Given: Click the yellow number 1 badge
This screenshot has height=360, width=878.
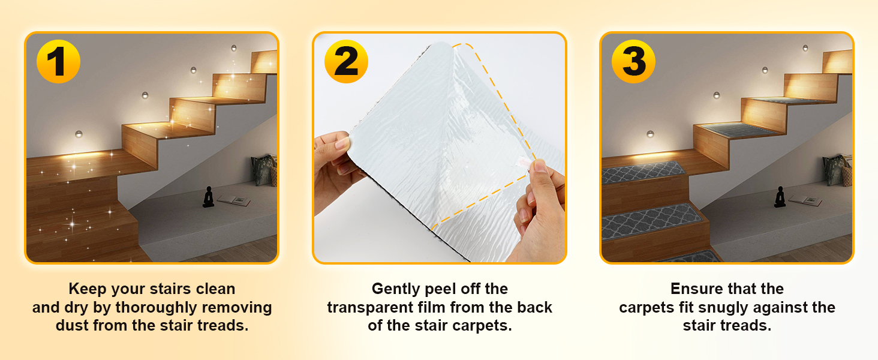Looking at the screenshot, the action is point(58,61).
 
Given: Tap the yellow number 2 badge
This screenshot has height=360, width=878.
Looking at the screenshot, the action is point(346,61).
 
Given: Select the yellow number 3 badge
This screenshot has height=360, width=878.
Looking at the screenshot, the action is point(633,61).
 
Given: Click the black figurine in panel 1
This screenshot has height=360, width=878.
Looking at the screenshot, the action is point(209,197).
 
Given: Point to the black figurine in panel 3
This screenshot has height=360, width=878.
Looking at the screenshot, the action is point(780,197).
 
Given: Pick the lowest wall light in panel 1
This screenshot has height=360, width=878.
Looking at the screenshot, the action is point(79,134).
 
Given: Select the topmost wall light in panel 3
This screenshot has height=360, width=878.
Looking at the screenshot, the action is point(805,48).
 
